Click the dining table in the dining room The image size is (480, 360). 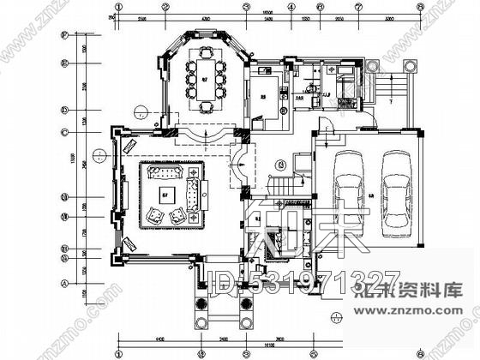pos(205,79)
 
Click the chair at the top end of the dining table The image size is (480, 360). pos(206,50)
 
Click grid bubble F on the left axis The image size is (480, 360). pos(64,37)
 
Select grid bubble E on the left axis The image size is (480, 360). pos(64,63)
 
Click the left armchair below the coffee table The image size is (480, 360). pos(156,217)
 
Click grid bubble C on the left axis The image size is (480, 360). pos(64,131)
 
